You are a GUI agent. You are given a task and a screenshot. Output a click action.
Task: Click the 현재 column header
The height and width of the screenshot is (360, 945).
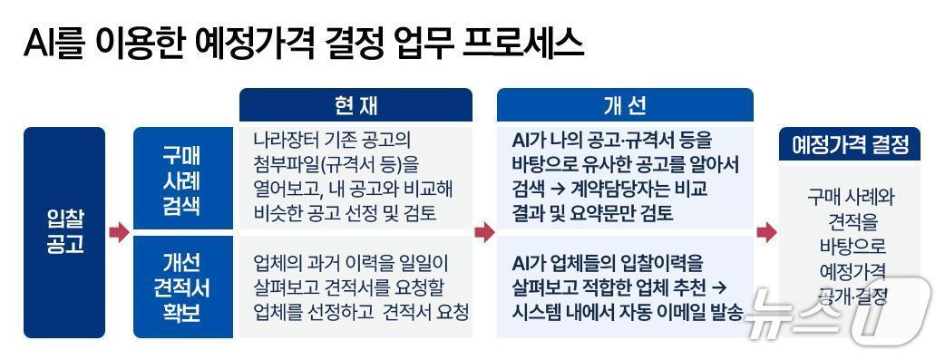(x=356, y=105)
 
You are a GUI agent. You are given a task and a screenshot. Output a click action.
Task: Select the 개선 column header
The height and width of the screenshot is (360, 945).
(x=625, y=105)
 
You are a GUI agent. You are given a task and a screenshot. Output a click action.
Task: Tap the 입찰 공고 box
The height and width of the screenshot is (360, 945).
(x=64, y=231)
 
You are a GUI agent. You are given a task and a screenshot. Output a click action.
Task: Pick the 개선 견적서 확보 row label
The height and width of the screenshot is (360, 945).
(x=182, y=287)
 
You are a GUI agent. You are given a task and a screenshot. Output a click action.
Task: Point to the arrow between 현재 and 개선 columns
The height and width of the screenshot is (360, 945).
(x=484, y=233)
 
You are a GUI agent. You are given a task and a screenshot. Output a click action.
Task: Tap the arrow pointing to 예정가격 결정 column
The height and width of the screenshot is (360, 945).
(x=766, y=233)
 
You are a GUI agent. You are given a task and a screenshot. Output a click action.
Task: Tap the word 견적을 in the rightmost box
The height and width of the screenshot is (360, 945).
(x=850, y=221)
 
